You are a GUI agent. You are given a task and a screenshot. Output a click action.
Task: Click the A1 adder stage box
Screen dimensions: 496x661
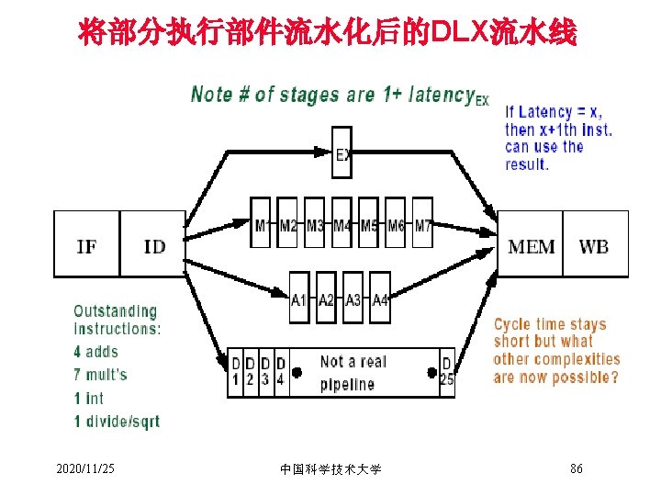click(x=299, y=299)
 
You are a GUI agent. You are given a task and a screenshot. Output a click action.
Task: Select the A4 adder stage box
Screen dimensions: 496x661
click(x=380, y=299)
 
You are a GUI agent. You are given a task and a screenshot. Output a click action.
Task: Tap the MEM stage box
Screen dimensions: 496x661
click(x=531, y=244)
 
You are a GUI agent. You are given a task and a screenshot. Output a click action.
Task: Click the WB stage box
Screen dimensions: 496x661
click(x=594, y=244)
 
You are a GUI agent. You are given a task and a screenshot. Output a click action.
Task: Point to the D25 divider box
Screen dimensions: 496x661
click(x=446, y=371)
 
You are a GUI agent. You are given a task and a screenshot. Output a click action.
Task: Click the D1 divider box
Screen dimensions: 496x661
click(x=235, y=371)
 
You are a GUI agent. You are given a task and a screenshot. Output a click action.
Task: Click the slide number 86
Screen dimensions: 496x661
click(x=577, y=469)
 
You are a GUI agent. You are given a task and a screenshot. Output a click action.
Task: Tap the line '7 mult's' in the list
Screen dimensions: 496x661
click(x=100, y=375)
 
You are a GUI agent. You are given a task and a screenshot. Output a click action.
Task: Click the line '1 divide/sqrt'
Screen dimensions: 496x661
click(x=117, y=422)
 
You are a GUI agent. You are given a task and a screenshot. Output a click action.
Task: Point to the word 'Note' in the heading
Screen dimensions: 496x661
click(x=210, y=94)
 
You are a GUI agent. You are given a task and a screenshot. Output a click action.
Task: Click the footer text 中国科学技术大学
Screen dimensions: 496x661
click(x=330, y=469)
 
